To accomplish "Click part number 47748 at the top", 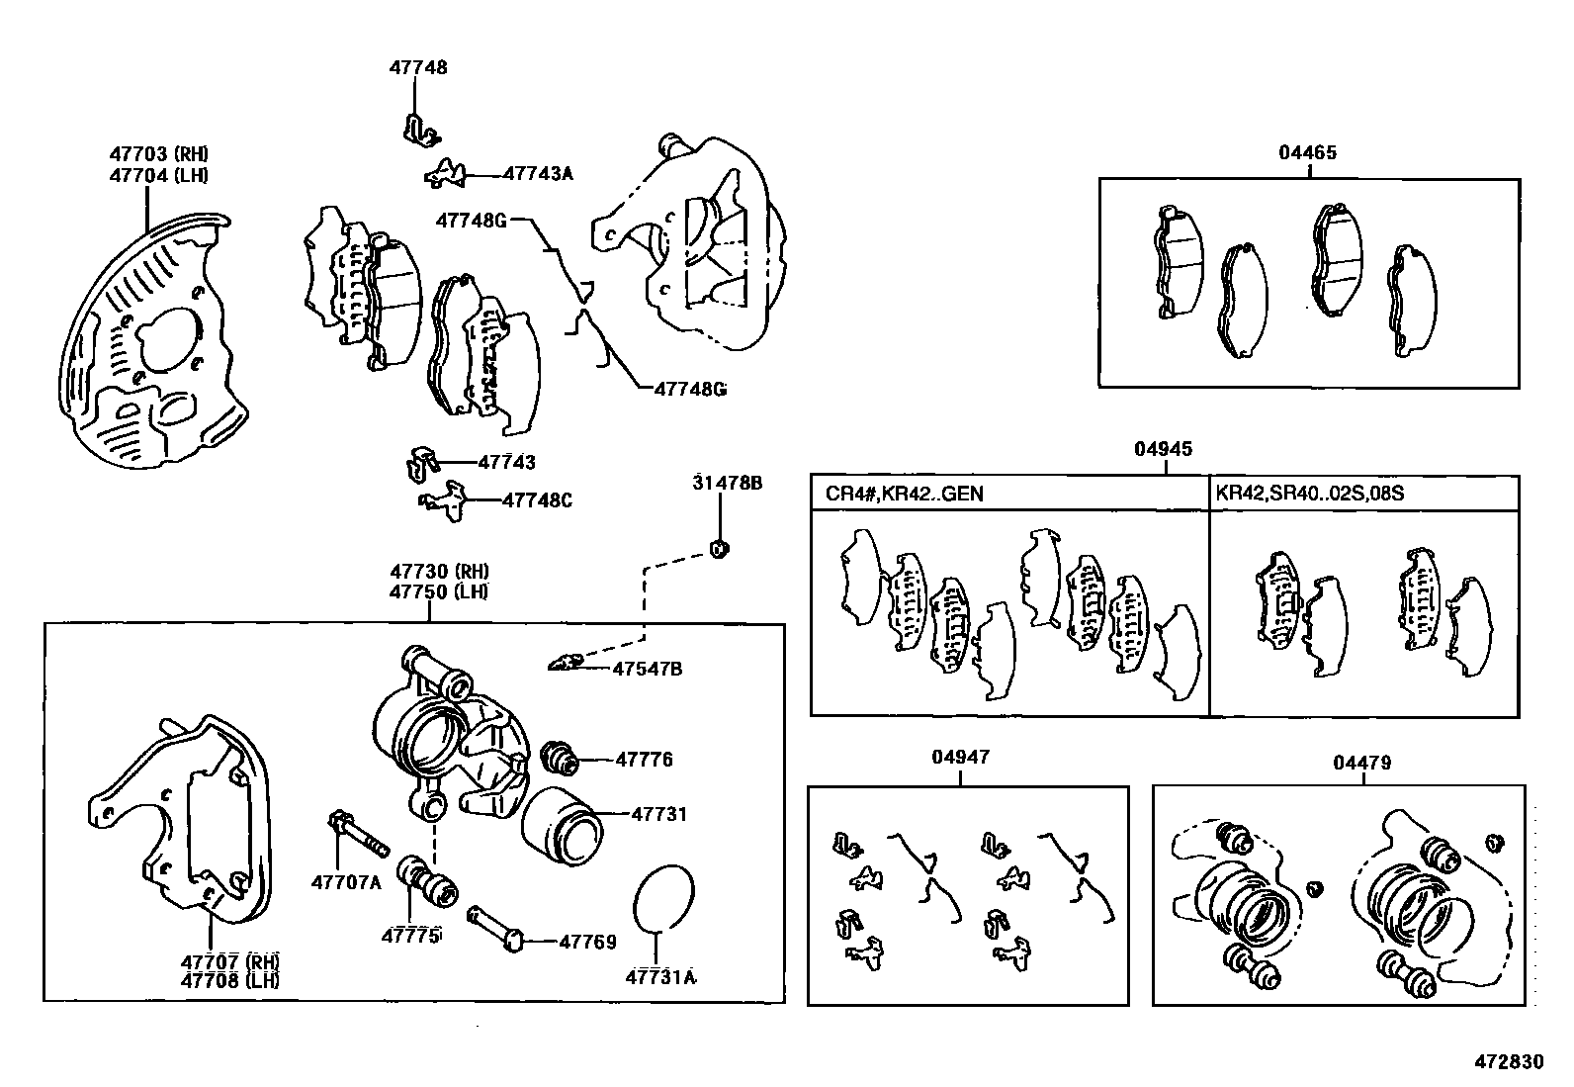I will [417, 68].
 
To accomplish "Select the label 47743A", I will [537, 173].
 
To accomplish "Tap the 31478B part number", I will [727, 484].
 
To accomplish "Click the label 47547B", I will [647, 669].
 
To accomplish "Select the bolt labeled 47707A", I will [357, 835].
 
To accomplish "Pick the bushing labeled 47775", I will [426, 880].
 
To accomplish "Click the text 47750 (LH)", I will [439, 591].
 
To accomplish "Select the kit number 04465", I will [1307, 152].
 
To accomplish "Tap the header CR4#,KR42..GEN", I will [904, 493].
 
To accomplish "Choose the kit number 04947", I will [959, 758].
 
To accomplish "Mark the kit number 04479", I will [1361, 763].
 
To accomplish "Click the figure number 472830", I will [1509, 1061].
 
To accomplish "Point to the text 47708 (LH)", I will [229, 980].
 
